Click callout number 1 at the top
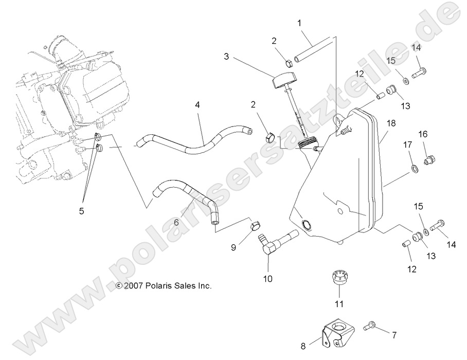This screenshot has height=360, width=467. (x=300, y=24)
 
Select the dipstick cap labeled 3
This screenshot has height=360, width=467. (x=284, y=81)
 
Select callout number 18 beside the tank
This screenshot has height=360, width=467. (x=391, y=123)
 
